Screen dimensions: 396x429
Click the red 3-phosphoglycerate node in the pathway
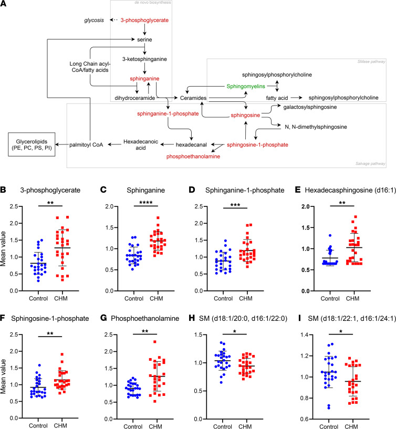click(x=144, y=20)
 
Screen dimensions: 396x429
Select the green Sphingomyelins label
click(x=246, y=87)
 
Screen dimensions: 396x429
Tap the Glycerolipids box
click(x=32, y=144)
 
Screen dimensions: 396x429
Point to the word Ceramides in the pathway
click(x=193, y=98)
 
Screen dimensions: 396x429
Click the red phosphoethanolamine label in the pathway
click(x=193, y=156)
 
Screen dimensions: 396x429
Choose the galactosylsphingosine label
click(x=310, y=107)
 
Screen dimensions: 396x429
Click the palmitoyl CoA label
click(x=86, y=145)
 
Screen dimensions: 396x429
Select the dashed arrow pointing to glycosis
click(x=113, y=20)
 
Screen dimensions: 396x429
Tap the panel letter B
click(x=3, y=190)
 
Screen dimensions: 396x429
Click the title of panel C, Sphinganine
click(x=145, y=190)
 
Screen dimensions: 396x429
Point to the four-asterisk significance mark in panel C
click(x=146, y=203)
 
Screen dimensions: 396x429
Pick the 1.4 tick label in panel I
click(x=303, y=335)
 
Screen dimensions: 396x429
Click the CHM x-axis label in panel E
click(x=352, y=298)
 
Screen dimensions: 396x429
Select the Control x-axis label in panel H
click(x=223, y=426)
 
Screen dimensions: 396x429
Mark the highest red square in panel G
click(x=155, y=342)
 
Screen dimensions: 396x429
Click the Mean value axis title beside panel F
click(x=3, y=376)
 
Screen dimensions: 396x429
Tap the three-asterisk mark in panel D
click(x=235, y=205)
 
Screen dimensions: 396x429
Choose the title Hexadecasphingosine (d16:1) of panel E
click(x=351, y=190)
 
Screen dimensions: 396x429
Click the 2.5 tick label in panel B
click(x=14, y=206)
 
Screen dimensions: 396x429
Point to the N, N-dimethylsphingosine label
click(x=316, y=127)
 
